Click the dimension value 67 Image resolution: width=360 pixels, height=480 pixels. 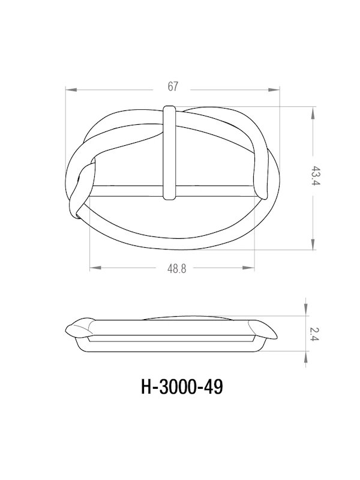[x=173, y=88]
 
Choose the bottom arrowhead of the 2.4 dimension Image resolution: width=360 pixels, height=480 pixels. [x=306, y=355]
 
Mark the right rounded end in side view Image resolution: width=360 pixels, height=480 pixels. [x=264, y=329]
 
